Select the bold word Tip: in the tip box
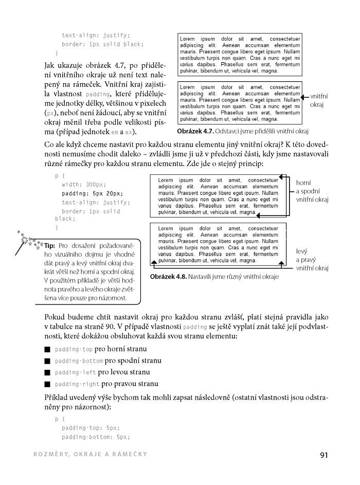[50, 245]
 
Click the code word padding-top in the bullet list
[73, 349]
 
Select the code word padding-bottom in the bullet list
[79, 361]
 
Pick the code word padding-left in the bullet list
[75, 372]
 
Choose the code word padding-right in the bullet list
[77, 384]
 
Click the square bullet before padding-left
[47, 372]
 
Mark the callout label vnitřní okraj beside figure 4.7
[319, 100]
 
